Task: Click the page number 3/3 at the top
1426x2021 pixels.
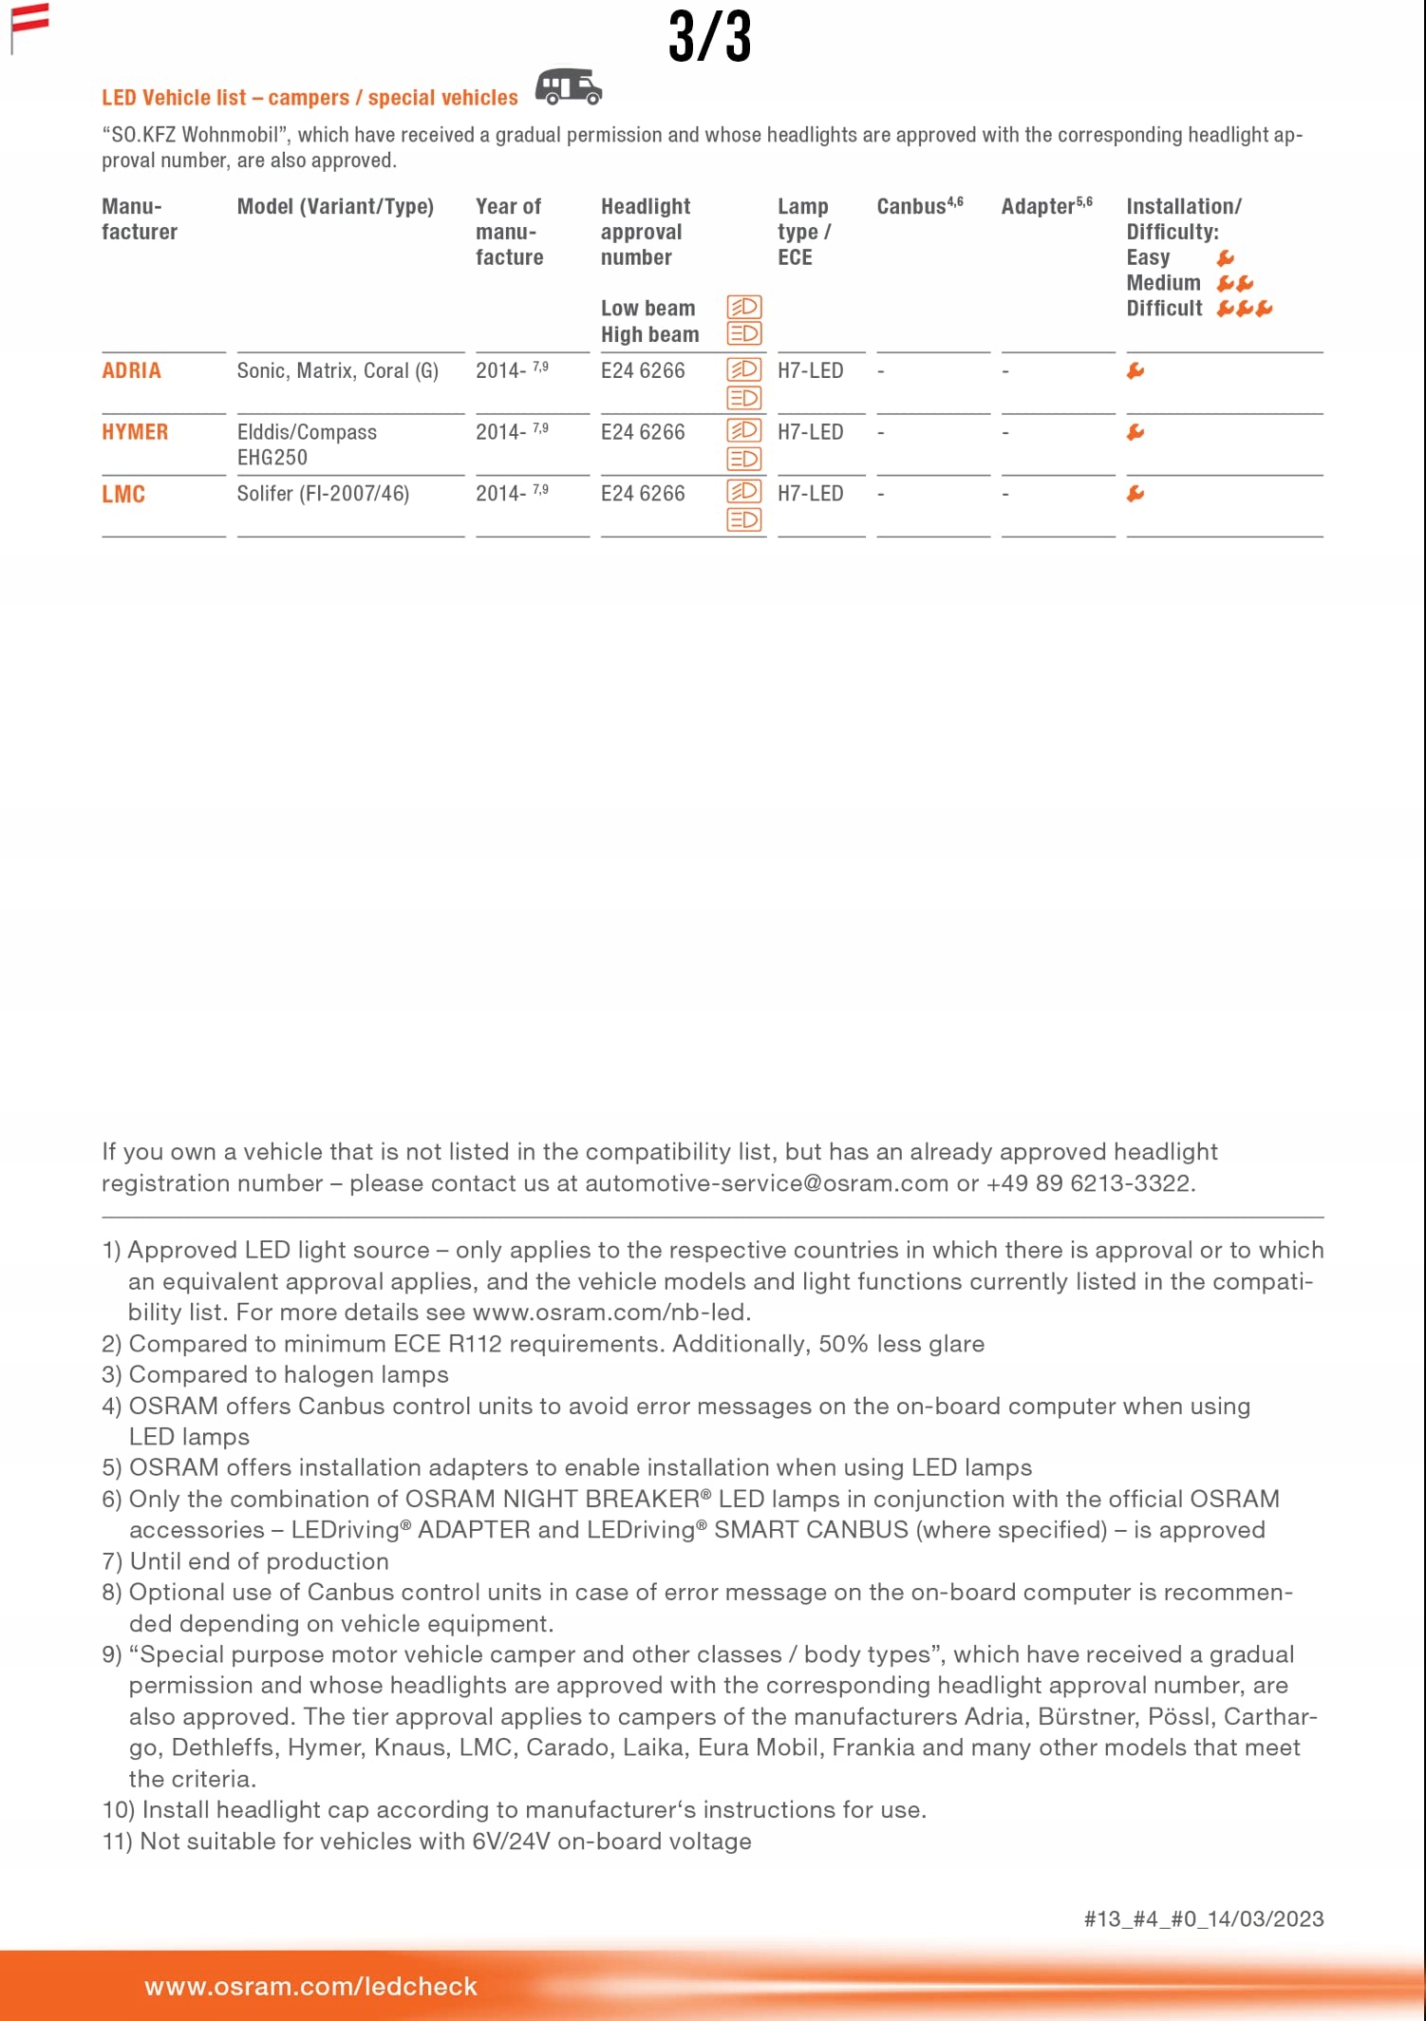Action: click(x=709, y=38)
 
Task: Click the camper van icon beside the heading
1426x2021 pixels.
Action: click(x=569, y=86)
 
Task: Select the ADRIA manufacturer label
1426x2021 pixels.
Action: click(x=131, y=371)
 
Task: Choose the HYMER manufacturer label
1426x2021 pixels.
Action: click(x=135, y=432)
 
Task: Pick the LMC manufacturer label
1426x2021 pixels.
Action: click(x=123, y=494)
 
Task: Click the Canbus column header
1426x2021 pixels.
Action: click(x=919, y=206)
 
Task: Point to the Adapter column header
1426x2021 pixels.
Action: click(x=1046, y=206)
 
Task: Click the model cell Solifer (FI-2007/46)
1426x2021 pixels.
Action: click(x=323, y=494)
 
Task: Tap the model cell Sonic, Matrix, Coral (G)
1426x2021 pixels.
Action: click(x=337, y=371)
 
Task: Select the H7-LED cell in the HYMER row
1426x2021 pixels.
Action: click(x=810, y=432)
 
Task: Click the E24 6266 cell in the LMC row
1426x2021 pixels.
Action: click(x=643, y=494)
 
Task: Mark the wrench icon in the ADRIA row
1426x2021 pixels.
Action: click(x=1135, y=371)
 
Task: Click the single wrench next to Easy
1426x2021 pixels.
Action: click(x=1226, y=258)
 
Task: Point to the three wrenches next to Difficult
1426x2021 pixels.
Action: click(x=1244, y=309)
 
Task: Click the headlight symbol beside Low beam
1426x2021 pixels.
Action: click(x=744, y=307)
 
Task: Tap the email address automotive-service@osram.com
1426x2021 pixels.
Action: click(x=766, y=1183)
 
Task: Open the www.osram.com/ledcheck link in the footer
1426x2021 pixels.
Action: click(x=310, y=1986)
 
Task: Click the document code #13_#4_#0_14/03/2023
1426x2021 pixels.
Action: click(x=1203, y=1918)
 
